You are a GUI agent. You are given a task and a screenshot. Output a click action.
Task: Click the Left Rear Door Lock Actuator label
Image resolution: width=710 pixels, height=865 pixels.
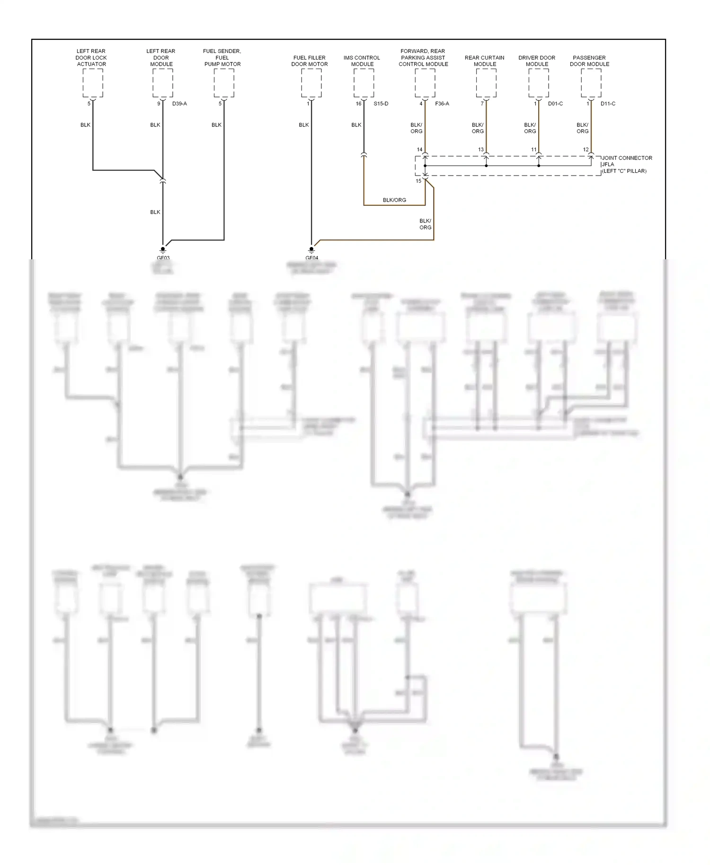(91, 58)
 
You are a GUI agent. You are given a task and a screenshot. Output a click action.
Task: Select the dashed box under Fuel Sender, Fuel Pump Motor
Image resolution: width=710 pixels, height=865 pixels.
(223, 83)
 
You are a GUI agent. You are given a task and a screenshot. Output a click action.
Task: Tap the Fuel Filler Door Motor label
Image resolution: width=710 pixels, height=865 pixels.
(309, 61)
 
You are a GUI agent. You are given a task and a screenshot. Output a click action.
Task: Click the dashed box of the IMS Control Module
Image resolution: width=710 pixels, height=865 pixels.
(364, 83)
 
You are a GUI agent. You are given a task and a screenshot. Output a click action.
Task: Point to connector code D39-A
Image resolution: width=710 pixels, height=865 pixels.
(179, 104)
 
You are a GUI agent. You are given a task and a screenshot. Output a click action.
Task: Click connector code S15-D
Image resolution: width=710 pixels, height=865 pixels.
(381, 104)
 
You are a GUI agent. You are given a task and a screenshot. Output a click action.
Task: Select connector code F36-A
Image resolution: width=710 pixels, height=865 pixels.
(442, 104)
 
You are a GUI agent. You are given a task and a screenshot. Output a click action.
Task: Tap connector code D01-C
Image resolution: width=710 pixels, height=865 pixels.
(555, 104)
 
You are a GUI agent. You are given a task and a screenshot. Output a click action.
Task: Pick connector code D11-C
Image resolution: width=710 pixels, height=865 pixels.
(608, 104)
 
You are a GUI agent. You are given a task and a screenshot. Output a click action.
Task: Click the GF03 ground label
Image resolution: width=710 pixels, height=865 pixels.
(163, 258)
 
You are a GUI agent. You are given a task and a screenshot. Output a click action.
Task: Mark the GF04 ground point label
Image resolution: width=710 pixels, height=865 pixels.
(311, 258)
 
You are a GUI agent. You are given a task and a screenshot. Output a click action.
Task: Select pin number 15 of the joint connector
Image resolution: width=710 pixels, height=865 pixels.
(418, 181)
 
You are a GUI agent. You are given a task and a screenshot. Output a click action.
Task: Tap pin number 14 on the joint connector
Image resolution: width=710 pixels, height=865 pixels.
(419, 150)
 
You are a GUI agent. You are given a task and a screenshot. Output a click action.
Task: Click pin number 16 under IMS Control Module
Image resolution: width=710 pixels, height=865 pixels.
(358, 104)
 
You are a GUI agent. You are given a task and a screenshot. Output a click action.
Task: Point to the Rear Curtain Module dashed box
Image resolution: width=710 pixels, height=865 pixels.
(486, 83)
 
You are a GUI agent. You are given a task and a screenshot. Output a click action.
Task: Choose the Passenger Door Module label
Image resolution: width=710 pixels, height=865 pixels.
(589, 61)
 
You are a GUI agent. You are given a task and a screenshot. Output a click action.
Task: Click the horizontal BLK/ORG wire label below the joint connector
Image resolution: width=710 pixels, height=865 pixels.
(394, 200)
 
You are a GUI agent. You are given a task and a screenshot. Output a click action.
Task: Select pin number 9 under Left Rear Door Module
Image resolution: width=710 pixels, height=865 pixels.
(159, 104)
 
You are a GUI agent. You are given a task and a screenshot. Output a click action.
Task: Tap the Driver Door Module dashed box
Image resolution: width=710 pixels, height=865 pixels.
(539, 83)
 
